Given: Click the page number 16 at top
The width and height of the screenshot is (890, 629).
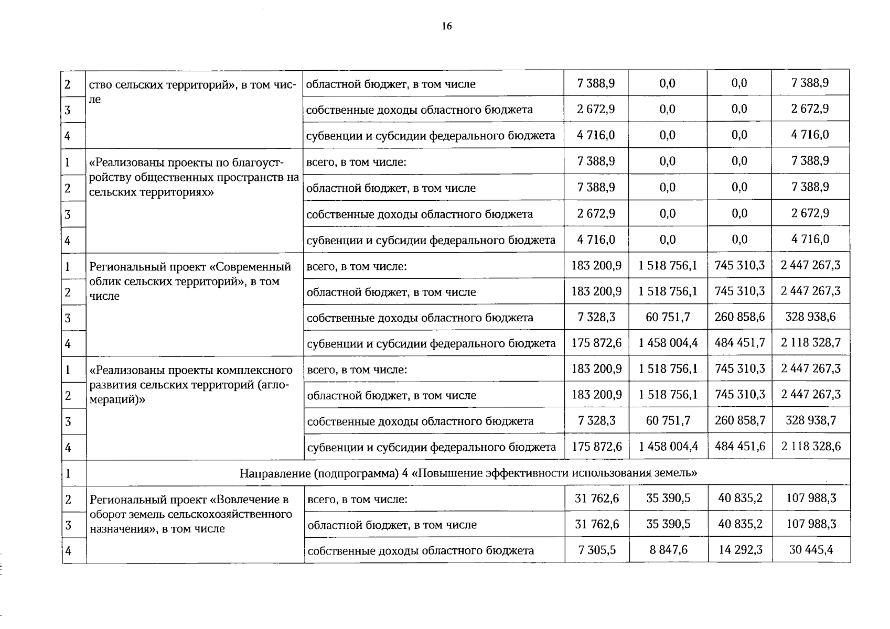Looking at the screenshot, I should click(x=446, y=27).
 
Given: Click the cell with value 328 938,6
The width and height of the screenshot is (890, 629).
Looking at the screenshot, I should click(x=810, y=317).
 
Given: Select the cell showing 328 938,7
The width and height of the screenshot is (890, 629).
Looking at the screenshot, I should click(x=810, y=420).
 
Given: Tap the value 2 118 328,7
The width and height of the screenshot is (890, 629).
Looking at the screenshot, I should click(x=810, y=343).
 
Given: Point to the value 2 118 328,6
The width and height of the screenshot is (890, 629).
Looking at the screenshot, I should click(x=810, y=447).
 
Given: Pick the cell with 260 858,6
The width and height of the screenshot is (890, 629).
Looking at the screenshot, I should click(x=739, y=317).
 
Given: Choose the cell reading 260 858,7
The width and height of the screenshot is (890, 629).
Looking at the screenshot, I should click(x=739, y=420).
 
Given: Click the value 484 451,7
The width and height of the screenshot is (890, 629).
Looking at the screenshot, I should click(x=739, y=343).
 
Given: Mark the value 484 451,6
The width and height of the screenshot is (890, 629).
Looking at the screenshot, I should click(x=739, y=447).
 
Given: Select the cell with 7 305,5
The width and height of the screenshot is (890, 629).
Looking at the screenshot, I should click(x=597, y=550).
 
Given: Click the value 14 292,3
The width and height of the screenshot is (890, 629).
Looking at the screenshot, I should click(x=740, y=550).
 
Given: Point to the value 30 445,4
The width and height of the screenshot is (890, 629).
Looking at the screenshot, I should click(x=811, y=550).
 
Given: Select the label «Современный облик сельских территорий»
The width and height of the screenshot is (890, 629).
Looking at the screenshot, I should click(x=190, y=281).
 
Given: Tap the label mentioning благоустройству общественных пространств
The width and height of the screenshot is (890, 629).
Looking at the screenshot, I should click(x=194, y=177).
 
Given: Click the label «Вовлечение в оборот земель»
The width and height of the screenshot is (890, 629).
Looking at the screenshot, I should click(x=190, y=514).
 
